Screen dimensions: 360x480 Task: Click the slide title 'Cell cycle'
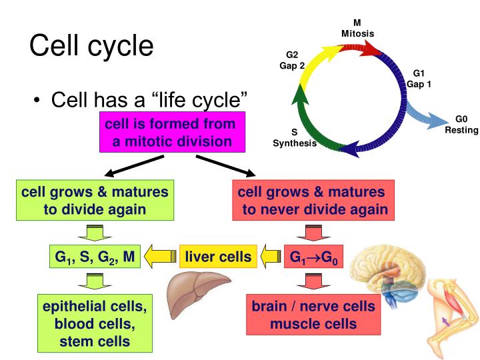tap(91, 45)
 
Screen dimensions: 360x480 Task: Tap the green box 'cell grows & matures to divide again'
tap(95, 201)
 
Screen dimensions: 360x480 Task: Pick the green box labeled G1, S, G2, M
tap(95, 257)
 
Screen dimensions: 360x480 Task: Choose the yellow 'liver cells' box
tap(218, 257)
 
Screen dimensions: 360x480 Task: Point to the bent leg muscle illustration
tap(448, 313)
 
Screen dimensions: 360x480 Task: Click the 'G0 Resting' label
tap(461, 124)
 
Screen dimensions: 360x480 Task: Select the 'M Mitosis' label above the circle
tap(357, 29)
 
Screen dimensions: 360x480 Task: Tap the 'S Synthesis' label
tap(294, 138)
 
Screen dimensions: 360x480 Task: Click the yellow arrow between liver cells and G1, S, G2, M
tap(161, 257)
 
